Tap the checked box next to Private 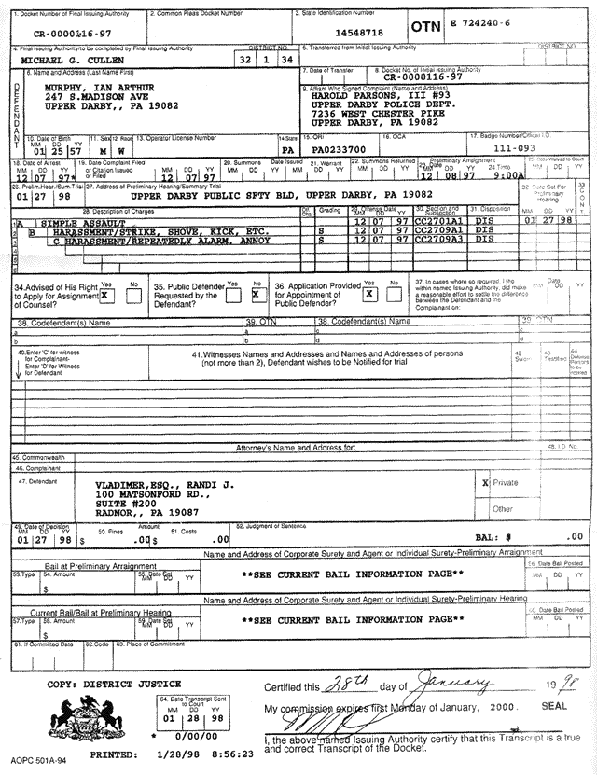485,484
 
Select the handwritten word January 453,685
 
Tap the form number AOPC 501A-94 35,762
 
